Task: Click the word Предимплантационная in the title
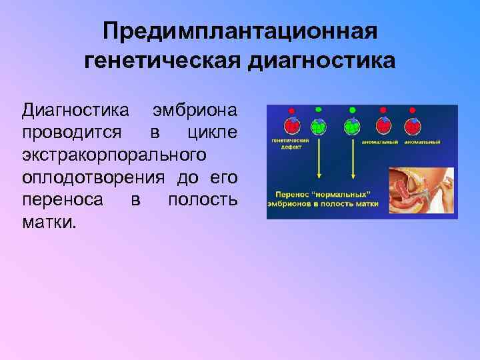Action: (x=240, y=31)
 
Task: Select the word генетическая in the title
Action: (x=162, y=61)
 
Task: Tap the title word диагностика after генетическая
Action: (x=321, y=61)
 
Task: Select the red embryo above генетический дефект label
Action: (x=291, y=125)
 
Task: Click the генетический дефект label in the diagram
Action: (x=285, y=145)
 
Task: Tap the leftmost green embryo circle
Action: (x=321, y=125)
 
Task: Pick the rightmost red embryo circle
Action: (x=413, y=125)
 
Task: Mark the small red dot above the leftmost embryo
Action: (x=291, y=109)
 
